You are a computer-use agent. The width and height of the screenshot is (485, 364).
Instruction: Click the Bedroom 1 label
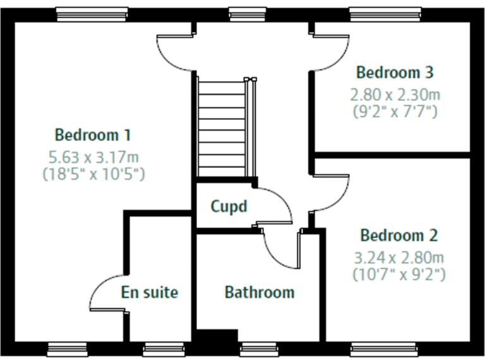[93, 135]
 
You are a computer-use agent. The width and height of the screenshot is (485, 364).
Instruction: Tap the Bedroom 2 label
[398, 236]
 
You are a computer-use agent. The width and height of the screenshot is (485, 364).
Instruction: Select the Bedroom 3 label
[395, 72]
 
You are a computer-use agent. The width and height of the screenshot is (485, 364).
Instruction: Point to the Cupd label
[228, 207]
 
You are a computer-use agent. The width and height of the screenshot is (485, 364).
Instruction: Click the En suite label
[150, 293]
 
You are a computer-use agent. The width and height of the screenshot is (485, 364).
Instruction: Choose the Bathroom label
[260, 293]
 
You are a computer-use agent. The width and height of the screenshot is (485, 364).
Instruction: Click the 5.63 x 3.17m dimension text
[93, 156]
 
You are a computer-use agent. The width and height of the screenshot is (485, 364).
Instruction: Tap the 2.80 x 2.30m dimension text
[395, 95]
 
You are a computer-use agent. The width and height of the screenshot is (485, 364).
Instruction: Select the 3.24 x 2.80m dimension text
[398, 257]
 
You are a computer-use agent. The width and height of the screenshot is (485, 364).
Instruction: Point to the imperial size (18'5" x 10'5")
[93, 173]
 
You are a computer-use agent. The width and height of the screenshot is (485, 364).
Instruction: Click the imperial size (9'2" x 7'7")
[395, 112]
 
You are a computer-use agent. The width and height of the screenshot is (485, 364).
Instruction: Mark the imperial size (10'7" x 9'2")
[398, 274]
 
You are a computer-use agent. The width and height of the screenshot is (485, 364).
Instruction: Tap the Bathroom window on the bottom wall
[259, 347]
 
